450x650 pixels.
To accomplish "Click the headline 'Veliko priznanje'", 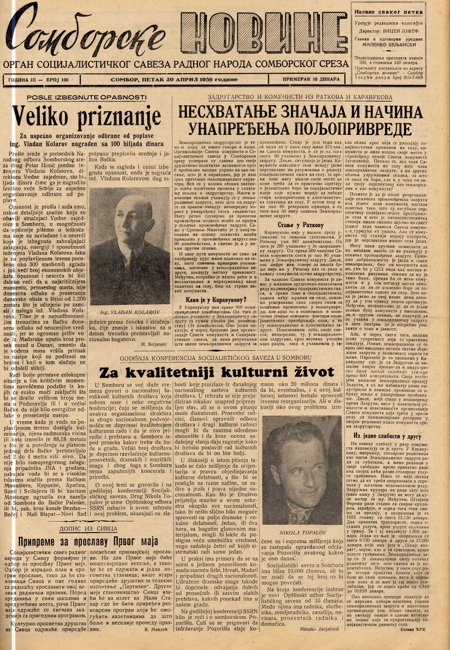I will [x=86, y=116].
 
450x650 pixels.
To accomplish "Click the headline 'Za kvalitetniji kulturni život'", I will [x=217, y=372].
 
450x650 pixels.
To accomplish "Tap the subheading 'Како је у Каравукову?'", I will [x=215, y=299].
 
